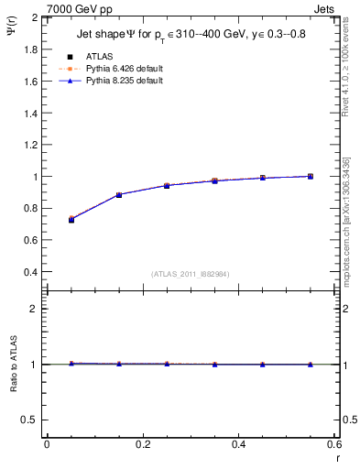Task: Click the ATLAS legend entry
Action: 99,56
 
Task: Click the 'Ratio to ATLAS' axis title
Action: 16,365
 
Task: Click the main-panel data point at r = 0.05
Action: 71,220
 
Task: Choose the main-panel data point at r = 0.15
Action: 119,195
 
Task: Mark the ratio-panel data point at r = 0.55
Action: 311,365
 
